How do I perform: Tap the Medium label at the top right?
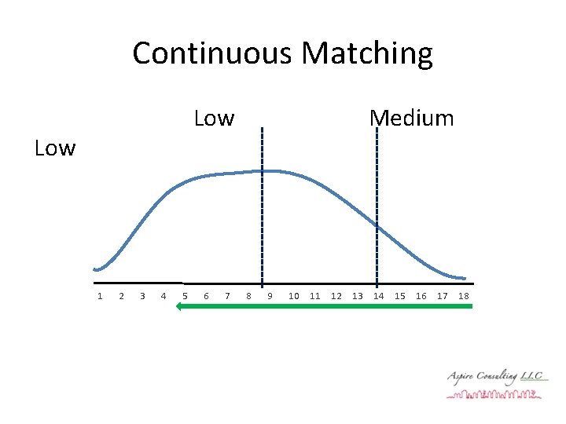[411, 119]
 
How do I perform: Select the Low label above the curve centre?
[214, 119]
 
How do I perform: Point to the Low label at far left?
[55, 148]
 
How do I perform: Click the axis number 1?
[99, 296]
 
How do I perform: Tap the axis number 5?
[185, 296]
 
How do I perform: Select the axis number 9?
[270, 296]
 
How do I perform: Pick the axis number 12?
[336, 296]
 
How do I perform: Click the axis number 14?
[379, 296]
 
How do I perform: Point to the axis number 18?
[464, 296]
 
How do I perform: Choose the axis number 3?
[141, 296]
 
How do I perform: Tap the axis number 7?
[227, 296]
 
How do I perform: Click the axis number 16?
[421, 296]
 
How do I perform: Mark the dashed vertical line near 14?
[377, 204]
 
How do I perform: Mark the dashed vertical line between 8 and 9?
[262, 204]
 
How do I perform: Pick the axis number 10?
[294, 296]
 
